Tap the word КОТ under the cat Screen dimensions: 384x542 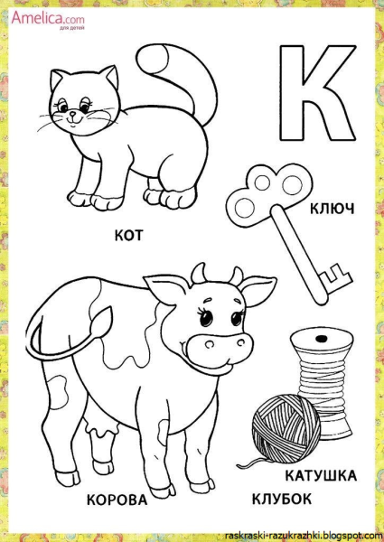[128, 236]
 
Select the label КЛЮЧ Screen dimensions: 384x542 [332, 209]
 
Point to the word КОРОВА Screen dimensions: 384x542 [117, 500]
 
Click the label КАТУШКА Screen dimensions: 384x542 [321, 476]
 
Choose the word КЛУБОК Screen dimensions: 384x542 [281, 500]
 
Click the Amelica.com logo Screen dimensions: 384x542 [48, 19]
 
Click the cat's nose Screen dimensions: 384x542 [72, 114]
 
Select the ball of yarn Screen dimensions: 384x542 [286, 425]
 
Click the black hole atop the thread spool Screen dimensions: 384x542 [322, 337]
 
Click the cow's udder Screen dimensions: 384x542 [102, 430]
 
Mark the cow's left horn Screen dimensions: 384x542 [199, 273]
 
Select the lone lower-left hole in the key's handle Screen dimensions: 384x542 [242, 207]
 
